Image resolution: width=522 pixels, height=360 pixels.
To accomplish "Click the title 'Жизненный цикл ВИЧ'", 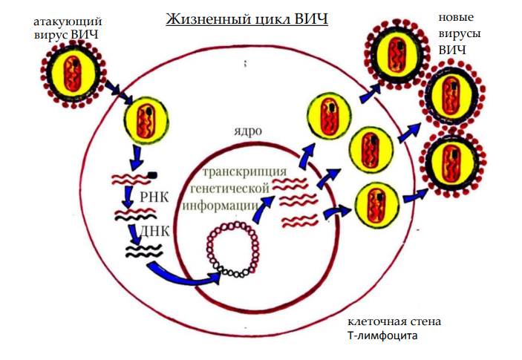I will coord(246,18).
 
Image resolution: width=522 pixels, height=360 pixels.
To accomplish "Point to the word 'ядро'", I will coord(247,131).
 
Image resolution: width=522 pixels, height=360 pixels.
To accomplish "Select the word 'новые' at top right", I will coord(457,17).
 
